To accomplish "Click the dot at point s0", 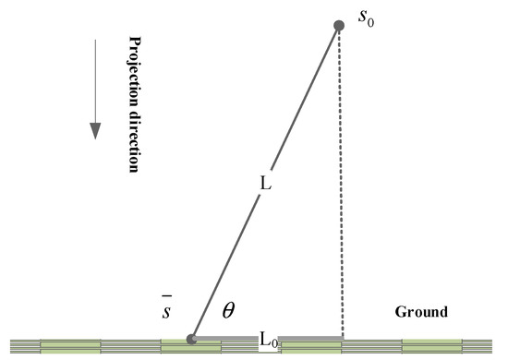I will coord(339,25).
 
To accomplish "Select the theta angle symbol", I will coord(227,313).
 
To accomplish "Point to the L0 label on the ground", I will coord(266,340).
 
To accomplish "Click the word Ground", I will coord(421,312).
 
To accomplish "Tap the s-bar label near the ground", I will coord(165,311).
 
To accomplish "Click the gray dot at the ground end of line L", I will coord(192,339).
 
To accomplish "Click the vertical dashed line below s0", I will coord(343,185).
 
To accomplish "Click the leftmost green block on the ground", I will coord(70,346).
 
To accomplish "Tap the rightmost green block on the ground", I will coord(431,346).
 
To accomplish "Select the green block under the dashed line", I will coord(311,346).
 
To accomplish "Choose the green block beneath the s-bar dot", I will coord(190,348).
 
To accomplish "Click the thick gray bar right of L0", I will coord(309,338).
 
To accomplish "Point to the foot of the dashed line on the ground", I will coord(343,338).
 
